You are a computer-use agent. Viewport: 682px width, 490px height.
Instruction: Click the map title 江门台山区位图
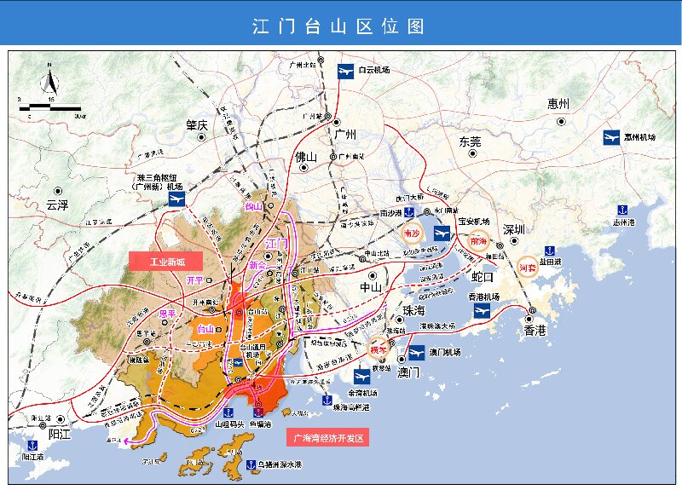pyautogui.click(x=339, y=26)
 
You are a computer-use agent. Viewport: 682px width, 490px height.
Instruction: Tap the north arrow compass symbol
pyautogui.click(x=49, y=83)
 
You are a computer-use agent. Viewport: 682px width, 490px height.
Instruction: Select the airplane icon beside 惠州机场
pyautogui.click(x=611, y=137)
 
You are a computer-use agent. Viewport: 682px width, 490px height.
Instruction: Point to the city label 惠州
pyautogui.click(x=559, y=105)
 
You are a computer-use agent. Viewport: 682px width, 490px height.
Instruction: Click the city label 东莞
pyautogui.click(x=470, y=141)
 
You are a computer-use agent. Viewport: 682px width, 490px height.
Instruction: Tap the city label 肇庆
pyautogui.click(x=198, y=124)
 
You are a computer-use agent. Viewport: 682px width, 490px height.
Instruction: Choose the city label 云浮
pyautogui.click(x=57, y=205)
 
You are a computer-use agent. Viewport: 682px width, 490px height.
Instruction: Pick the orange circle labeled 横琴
pyautogui.click(x=379, y=349)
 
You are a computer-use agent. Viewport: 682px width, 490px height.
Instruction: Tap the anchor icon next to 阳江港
pyautogui.click(x=32, y=444)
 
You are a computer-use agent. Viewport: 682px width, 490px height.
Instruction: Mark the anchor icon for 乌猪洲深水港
pyautogui.click(x=251, y=464)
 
